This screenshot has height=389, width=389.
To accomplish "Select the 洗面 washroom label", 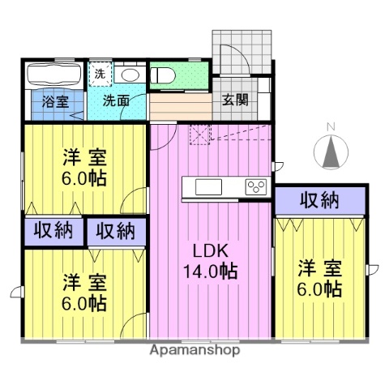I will click(115, 102).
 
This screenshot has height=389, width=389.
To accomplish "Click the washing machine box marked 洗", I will click(98, 73).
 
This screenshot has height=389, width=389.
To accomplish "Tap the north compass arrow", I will click(330, 150).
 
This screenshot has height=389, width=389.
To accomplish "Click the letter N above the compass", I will click(330, 126).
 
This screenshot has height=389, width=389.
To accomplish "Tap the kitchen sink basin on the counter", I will click(207, 187).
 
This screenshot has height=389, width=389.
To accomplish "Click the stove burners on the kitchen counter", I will click(256, 187).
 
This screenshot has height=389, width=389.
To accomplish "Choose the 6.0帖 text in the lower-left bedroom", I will click(85, 304).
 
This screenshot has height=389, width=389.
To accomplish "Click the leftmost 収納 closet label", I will click(53, 230).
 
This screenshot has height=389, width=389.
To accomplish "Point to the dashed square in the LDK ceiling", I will click(199, 135).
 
